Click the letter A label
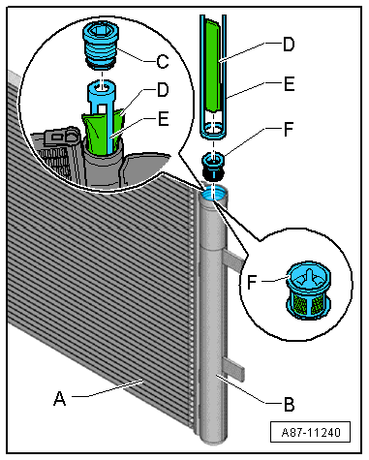pos(60,398)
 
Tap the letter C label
pos(163,61)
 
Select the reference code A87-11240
pos(311,432)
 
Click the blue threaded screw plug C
pos(101,45)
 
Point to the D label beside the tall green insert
pos(289,45)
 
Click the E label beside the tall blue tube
pos(289,84)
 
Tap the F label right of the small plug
pos(289,129)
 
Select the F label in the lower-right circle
pos(252,282)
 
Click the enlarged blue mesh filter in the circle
pos(309,291)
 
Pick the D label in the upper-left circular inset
pos(163,90)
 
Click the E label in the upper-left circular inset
pos(164,119)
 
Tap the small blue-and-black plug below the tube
pos(213,167)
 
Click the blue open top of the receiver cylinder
pos(214,194)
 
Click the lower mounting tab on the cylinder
pos(233,368)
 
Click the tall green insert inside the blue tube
pos(213,65)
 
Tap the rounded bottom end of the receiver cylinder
pos(213,441)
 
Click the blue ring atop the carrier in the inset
pos(102,88)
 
